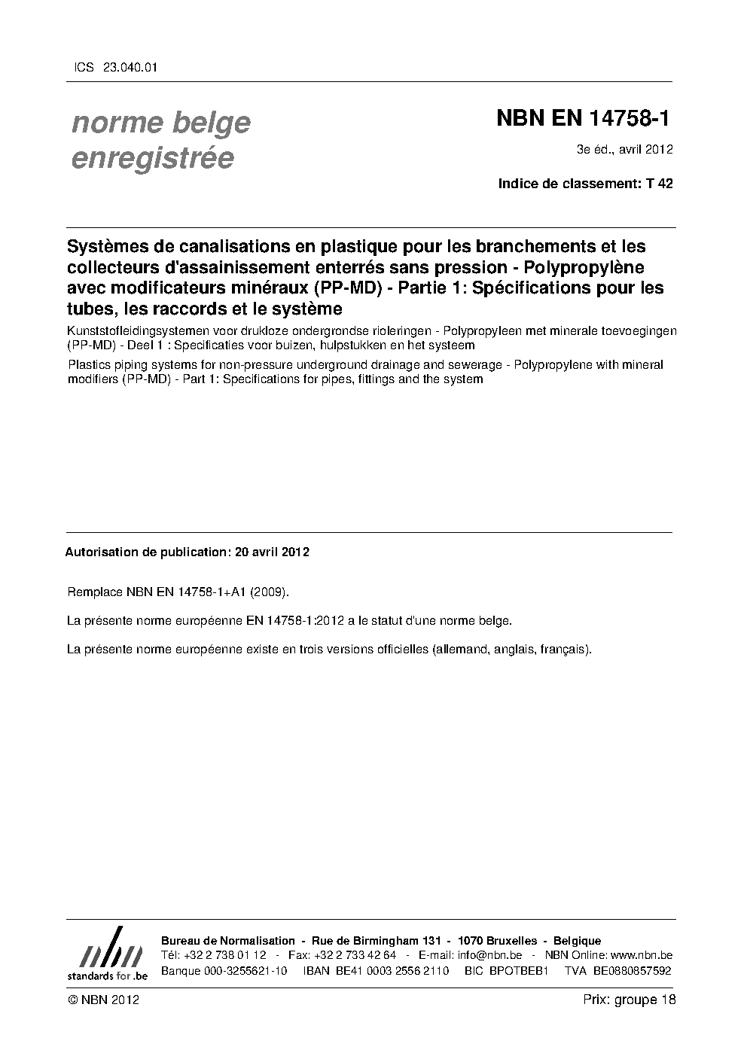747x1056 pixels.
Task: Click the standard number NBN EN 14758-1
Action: (x=584, y=120)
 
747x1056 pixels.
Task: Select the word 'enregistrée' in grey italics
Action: (x=153, y=158)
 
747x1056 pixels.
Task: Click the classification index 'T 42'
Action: (x=659, y=183)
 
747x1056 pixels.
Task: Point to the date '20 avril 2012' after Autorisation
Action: (x=272, y=552)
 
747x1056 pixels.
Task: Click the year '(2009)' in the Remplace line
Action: (x=269, y=592)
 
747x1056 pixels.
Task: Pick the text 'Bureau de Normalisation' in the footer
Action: (x=228, y=941)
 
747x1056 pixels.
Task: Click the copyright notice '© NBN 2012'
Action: (x=103, y=1000)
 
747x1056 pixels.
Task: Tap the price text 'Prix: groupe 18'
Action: (x=629, y=1000)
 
